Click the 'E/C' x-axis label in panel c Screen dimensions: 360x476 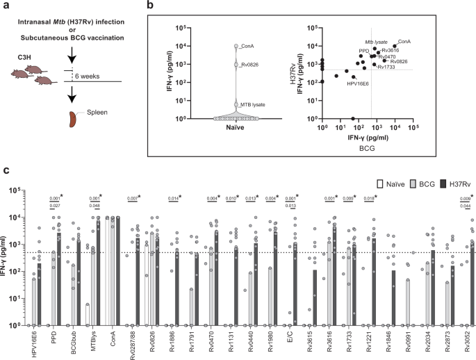(x=295, y=336)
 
